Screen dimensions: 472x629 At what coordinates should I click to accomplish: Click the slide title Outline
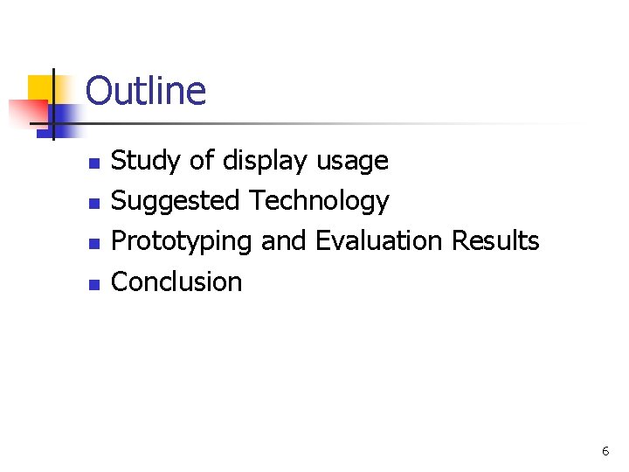[x=146, y=91]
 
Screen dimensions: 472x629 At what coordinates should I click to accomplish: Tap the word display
[x=266, y=161]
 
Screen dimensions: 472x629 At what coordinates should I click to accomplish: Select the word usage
[x=352, y=161]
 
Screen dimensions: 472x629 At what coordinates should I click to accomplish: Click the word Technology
[x=319, y=201]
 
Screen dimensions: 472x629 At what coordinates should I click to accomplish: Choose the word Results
[x=495, y=240]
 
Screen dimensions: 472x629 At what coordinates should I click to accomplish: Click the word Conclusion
[x=177, y=281]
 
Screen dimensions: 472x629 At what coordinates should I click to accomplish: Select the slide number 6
[x=605, y=451]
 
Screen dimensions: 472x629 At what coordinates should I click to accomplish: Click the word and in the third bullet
[x=283, y=240]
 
